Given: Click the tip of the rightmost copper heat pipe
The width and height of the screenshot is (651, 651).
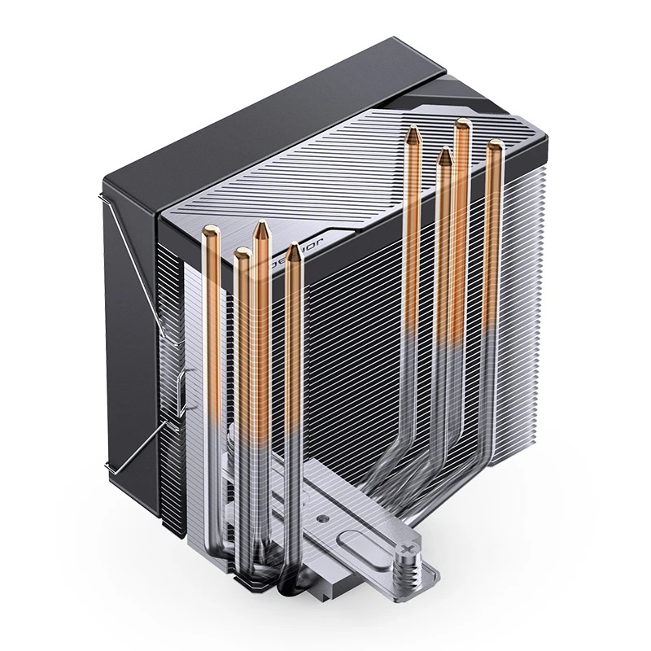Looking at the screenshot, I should pos(494,146).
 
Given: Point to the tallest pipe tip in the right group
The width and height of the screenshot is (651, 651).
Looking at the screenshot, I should pos(462,123).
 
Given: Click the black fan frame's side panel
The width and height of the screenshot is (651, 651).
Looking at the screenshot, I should pos(130,325).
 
